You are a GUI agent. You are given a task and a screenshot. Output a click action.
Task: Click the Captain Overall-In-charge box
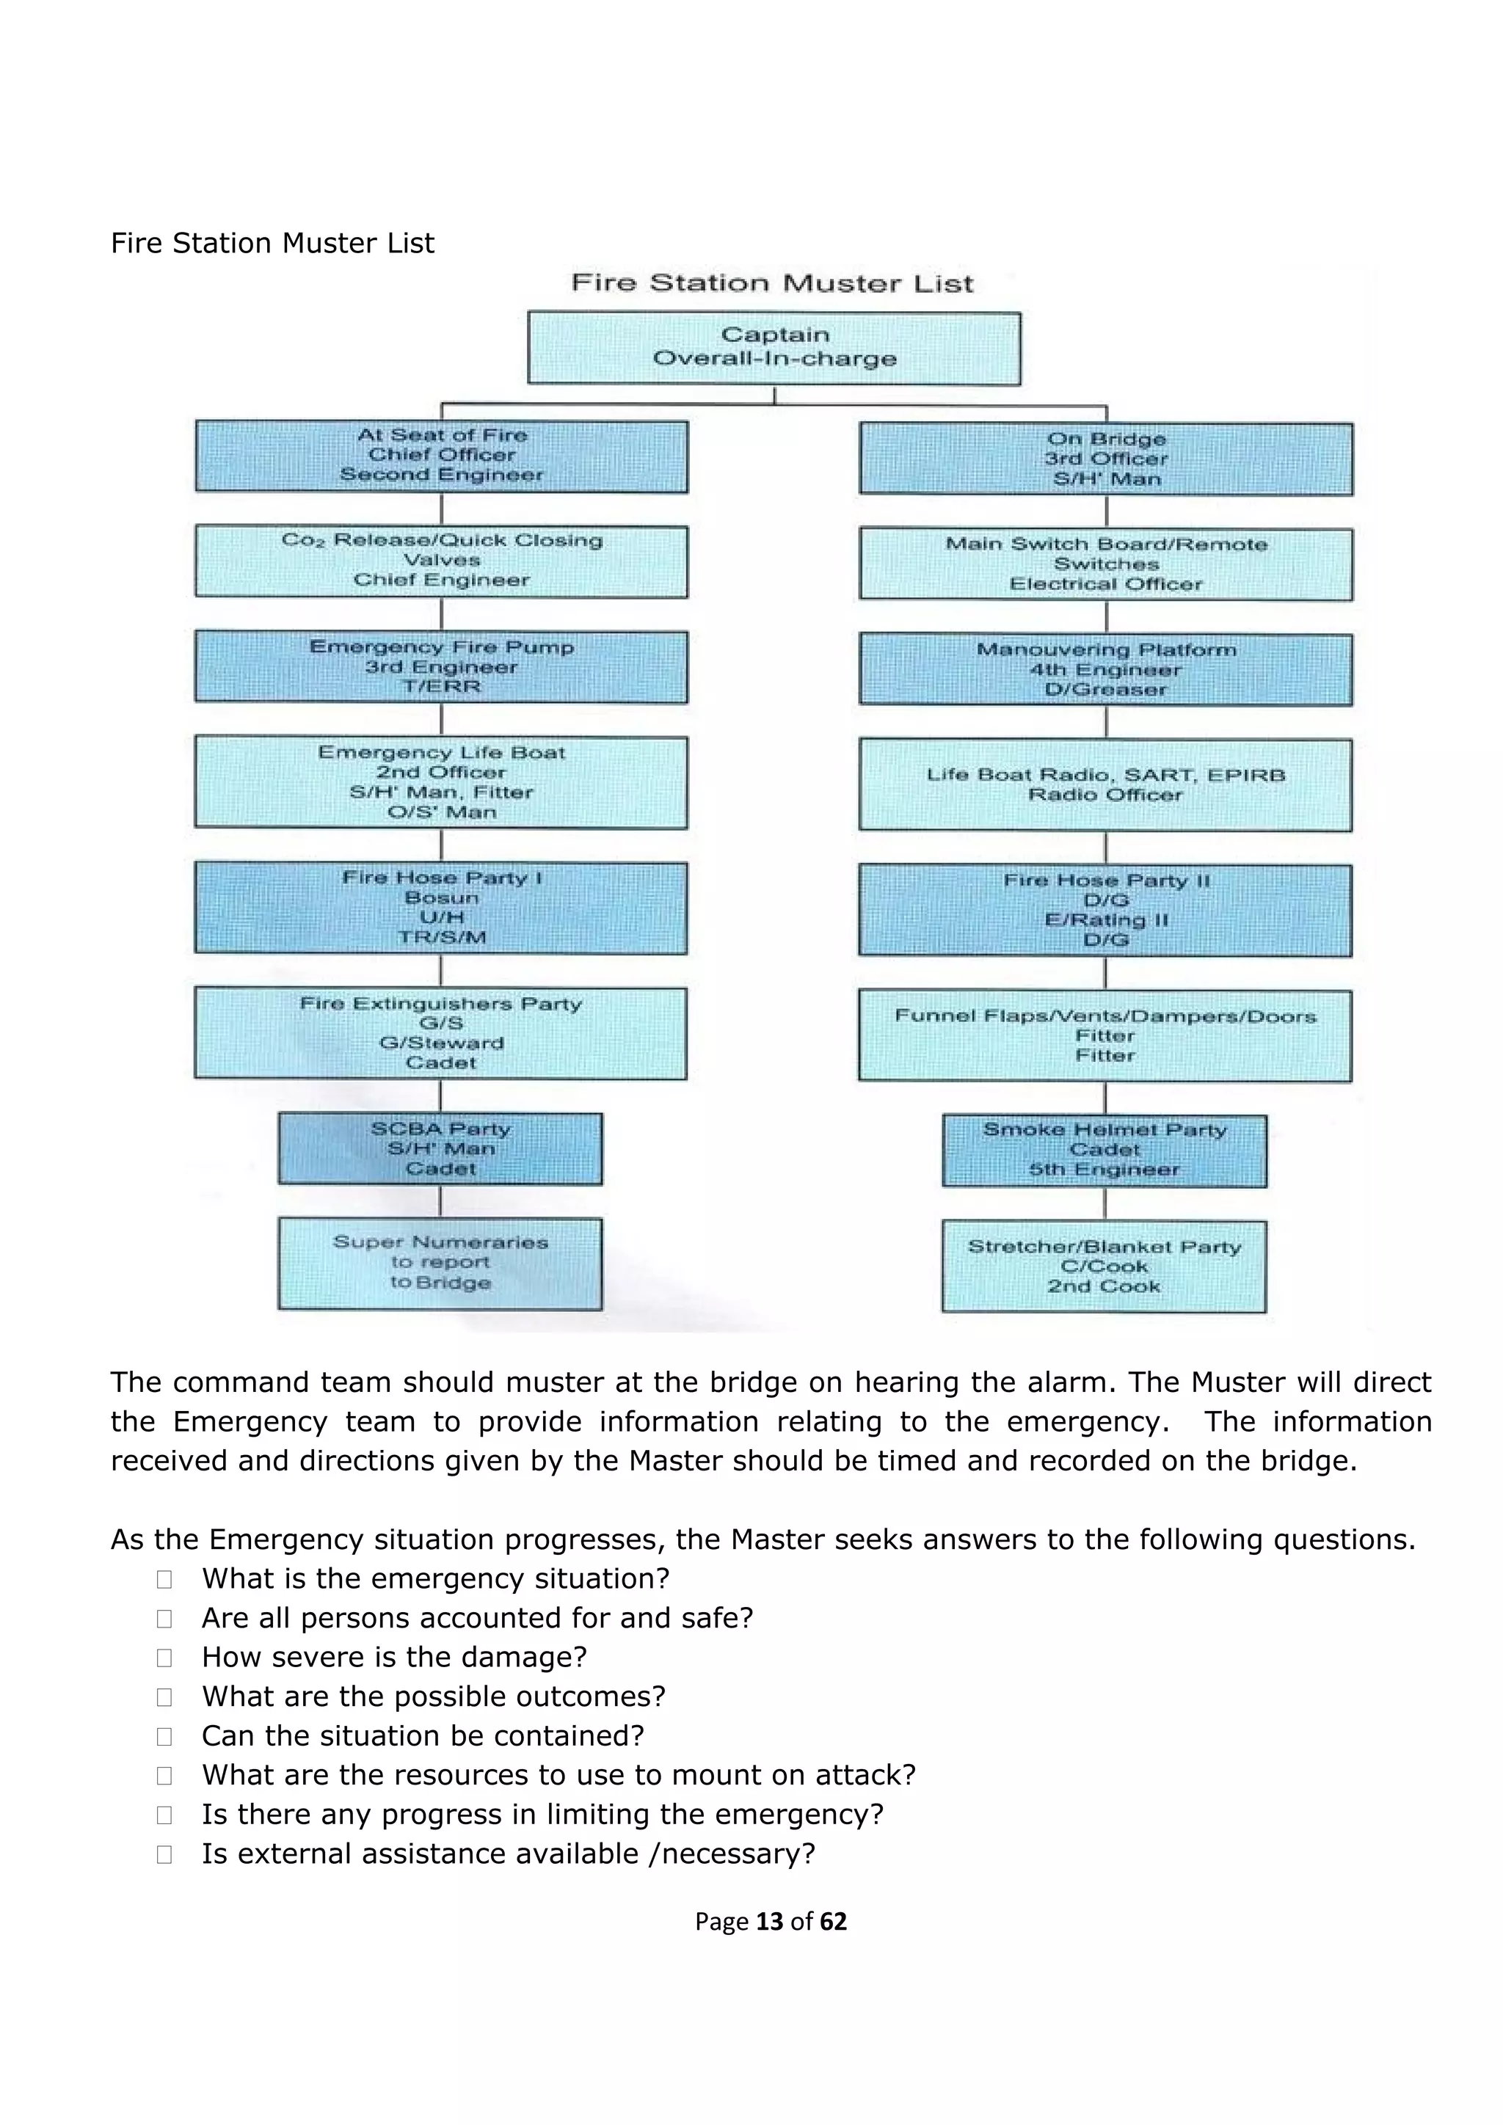coord(774,347)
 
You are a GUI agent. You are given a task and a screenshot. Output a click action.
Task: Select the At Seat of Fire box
coord(442,456)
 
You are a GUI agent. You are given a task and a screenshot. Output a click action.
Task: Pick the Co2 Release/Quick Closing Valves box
coord(442,561)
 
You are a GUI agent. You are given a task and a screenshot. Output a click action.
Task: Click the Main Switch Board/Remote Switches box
coord(1106,564)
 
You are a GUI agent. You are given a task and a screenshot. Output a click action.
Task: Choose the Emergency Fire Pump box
coord(442,666)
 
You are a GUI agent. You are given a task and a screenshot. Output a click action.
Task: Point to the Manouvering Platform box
coord(1106,669)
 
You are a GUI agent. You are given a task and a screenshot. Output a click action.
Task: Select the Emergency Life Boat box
coord(442,782)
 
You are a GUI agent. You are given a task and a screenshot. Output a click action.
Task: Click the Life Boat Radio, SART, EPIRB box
coord(1106,785)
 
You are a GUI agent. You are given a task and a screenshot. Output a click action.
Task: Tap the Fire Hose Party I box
coord(442,908)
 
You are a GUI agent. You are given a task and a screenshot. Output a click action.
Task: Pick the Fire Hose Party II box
coord(1106,910)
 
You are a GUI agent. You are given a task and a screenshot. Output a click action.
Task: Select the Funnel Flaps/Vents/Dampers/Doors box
coord(1106,1035)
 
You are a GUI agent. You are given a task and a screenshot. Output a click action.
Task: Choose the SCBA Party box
coord(440,1148)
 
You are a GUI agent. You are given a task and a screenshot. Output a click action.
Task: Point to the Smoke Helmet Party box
coord(1105,1151)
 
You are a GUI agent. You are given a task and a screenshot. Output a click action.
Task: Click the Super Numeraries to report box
coord(440,1264)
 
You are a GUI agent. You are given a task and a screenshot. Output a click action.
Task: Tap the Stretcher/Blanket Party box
coord(1104,1266)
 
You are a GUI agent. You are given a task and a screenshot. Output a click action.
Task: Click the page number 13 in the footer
coord(769,1922)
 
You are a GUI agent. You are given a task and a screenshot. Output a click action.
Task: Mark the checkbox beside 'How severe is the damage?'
coord(164,1658)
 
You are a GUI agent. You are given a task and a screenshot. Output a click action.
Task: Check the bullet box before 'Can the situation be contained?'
coord(164,1736)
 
